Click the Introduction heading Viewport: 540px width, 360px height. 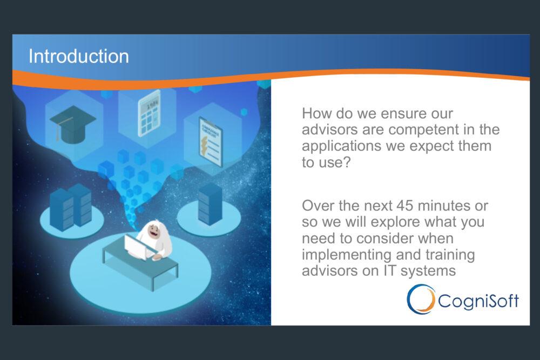pyautogui.click(x=79, y=56)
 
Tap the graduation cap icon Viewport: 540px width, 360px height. pyautogui.click(x=73, y=124)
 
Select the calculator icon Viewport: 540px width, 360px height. pyautogui.click(x=149, y=113)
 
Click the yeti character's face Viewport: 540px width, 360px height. pyautogui.click(x=153, y=232)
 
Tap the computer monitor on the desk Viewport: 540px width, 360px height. pyautogui.click(x=135, y=247)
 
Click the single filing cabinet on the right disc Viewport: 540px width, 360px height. pyautogui.click(x=210, y=203)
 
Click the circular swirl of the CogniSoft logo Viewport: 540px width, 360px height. pyautogui.click(x=421, y=298)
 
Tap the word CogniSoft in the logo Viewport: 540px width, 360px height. pyautogui.click(x=478, y=301)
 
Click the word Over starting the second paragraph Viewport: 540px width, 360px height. pyautogui.click(x=317, y=206)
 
